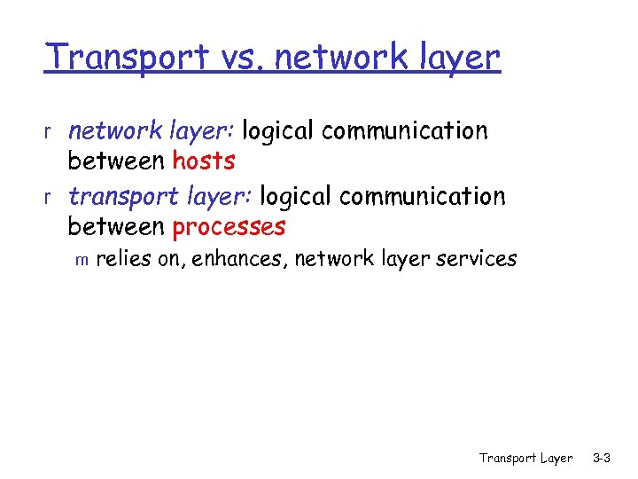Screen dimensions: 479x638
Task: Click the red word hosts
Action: [204, 161]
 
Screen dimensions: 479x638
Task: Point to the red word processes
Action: [229, 227]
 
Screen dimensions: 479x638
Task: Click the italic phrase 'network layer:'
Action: [151, 131]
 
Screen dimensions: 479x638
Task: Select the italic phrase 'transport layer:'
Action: [159, 195]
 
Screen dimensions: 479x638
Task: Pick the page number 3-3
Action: [602, 459]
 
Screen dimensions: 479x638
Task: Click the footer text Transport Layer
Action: [525, 459]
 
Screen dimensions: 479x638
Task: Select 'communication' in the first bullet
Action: [405, 131]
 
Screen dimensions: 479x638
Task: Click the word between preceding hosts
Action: [116, 161]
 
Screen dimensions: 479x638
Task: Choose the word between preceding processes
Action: [116, 227]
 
